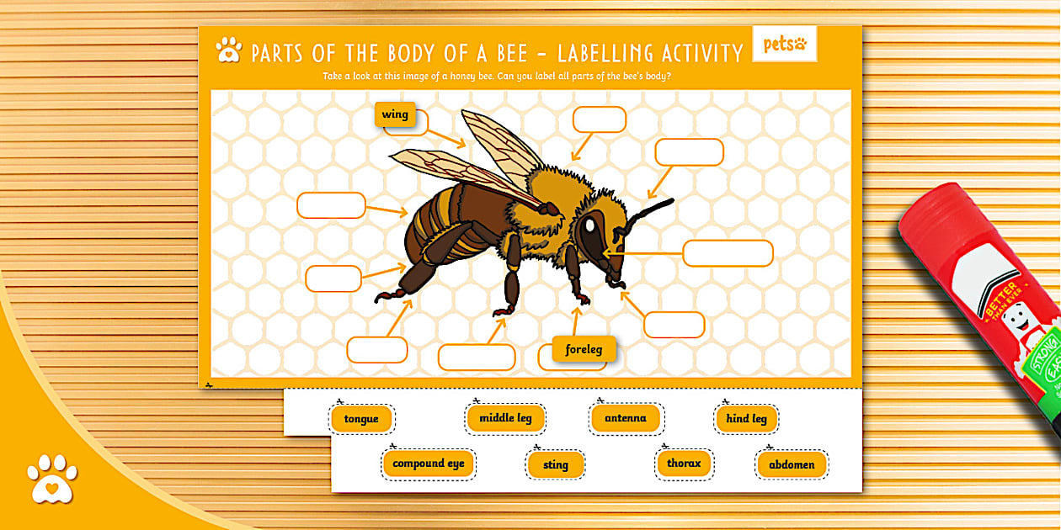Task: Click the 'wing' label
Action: [x=394, y=114]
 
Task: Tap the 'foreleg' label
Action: [x=584, y=349]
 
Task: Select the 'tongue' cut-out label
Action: [x=361, y=419]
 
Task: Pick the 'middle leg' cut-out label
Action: [x=505, y=418]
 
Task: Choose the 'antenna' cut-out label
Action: [x=626, y=418]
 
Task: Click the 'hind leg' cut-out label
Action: [x=746, y=419]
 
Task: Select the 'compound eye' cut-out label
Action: [x=428, y=464]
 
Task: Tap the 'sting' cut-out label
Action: [x=555, y=464]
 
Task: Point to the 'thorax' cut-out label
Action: [x=684, y=463]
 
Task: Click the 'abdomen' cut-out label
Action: [x=792, y=464]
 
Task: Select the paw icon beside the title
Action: [x=228, y=50]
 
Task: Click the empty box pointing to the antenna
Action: [x=689, y=152]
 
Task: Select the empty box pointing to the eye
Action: [x=728, y=253]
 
